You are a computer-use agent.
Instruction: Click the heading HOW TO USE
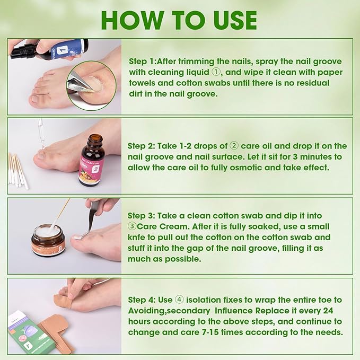[x=179, y=20]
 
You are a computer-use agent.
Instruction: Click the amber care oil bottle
[x=92, y=161]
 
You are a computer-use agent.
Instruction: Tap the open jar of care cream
[x=48, y=240]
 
